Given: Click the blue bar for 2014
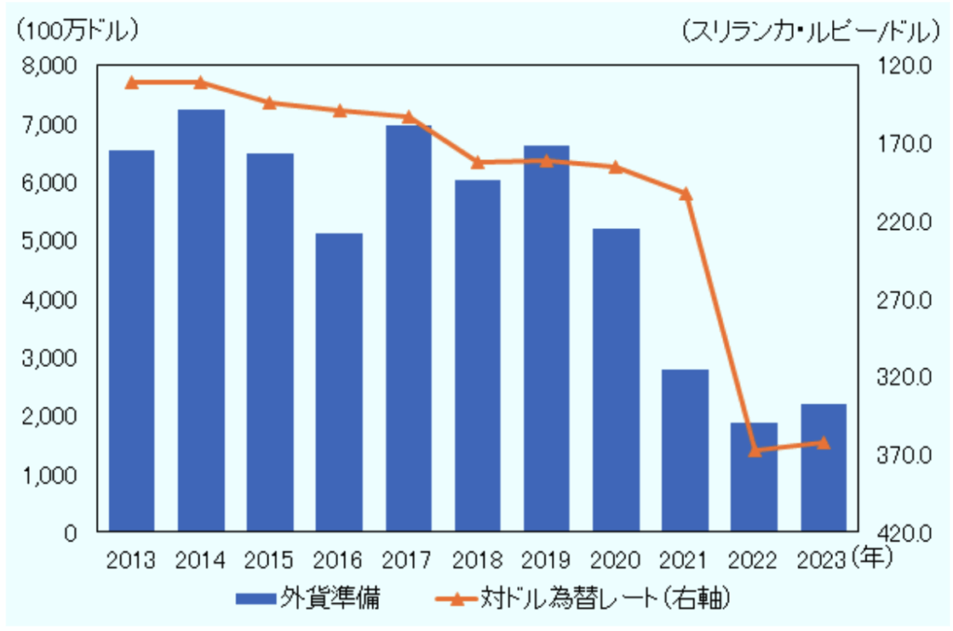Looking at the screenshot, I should tap(201, 320).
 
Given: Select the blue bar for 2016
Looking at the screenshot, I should tap(339, 382).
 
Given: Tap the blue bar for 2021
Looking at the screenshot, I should tap(685, 450).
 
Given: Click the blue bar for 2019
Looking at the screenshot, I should tap(546, 339).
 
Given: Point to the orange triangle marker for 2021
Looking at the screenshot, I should tap(685, 194).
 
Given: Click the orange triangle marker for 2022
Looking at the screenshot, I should tap(755, 450).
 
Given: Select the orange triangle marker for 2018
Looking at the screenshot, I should tap(477, 162).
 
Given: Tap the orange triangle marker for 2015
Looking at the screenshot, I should tap(269, 102).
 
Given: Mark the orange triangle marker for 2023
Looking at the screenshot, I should tap(823, 442).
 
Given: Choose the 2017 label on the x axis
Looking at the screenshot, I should tap(408, 559).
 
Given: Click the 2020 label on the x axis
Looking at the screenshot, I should tap(615, 559).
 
